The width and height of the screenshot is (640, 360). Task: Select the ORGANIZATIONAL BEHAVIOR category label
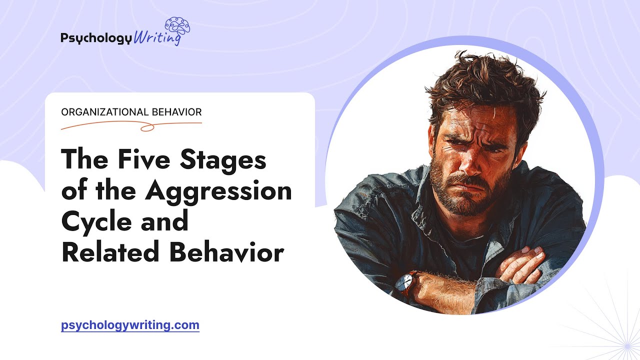131,112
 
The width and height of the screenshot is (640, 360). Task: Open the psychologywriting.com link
130,325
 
